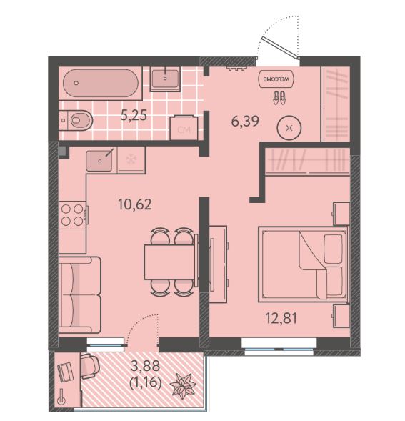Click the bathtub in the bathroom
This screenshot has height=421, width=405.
(101, 83)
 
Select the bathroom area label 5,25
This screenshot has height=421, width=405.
(134, 116)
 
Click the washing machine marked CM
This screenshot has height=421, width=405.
(184, 127)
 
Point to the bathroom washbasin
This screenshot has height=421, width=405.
(165, 79)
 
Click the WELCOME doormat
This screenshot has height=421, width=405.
(276, 79)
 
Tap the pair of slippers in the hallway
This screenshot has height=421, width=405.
(279, 98)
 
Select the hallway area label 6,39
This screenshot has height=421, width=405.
(245, 122)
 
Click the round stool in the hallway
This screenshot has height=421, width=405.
(289, 127)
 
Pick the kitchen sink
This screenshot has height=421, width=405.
(99, 161)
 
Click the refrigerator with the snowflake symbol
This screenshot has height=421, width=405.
(131, 159)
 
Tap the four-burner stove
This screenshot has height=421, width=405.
(72, 215)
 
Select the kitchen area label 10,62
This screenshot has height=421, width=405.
(135, 204)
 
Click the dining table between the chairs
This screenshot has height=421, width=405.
(169, 262)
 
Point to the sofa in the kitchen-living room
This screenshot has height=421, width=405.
(80, 294)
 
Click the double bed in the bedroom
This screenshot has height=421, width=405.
(303, 264)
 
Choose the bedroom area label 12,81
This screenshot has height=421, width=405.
(281, 318)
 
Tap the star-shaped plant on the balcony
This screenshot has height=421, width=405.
(184, 385)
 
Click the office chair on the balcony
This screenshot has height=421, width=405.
(89, 366)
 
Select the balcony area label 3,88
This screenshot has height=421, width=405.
(145, 366)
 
